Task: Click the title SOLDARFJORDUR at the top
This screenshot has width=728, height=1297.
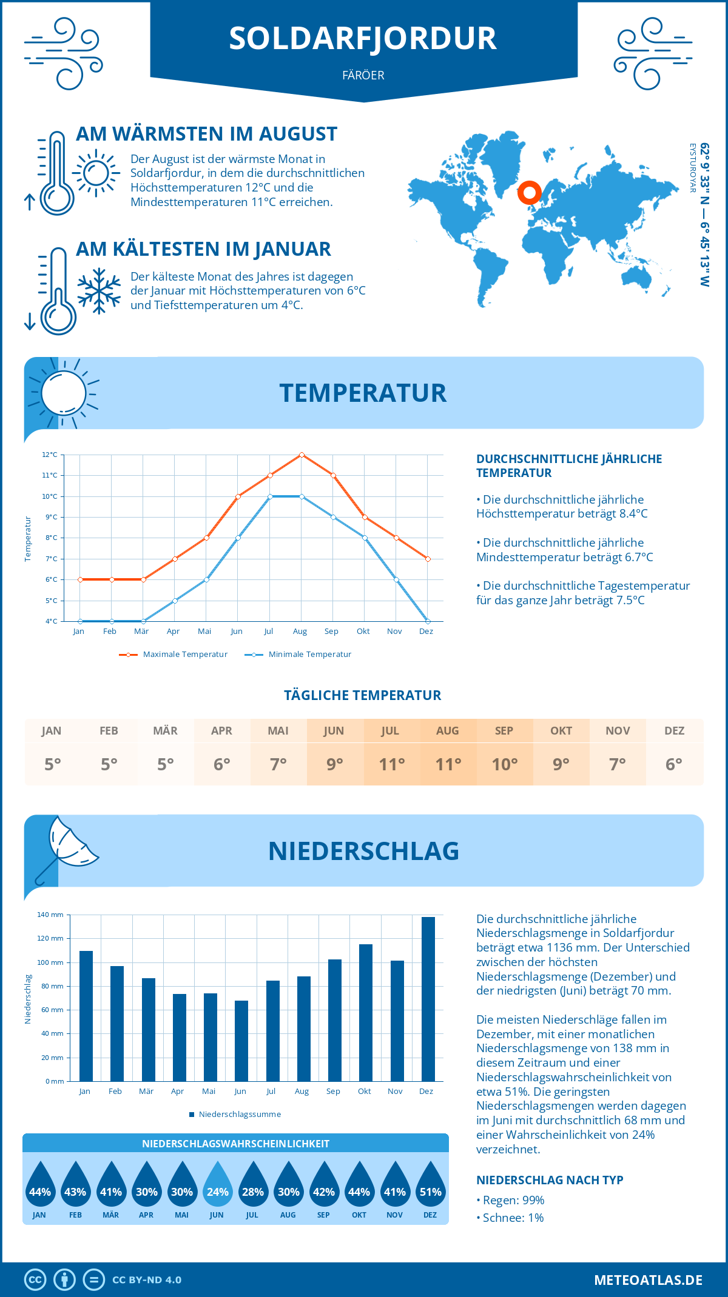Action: [363, 38]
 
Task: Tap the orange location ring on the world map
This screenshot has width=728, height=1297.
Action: [530, 193]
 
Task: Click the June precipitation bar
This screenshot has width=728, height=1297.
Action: [241, 1041]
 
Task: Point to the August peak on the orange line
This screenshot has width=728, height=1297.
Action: [302, 455]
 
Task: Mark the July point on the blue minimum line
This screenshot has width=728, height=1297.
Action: [270, 496]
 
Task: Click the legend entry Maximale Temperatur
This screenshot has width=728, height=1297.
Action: [174, 655]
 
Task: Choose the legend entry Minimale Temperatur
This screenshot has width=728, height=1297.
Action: [298, 655]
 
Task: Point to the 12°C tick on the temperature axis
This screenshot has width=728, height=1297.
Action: [50, 455]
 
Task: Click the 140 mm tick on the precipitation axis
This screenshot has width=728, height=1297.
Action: [50, 915]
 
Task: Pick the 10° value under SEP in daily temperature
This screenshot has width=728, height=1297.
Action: [504, 764]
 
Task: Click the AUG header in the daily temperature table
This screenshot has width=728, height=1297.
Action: [448, 731]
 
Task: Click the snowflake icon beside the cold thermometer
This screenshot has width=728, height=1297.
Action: [99, 291]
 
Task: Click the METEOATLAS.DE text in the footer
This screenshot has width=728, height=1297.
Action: [648, 1280]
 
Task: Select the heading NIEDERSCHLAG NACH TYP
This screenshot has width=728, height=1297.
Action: [550, 1180]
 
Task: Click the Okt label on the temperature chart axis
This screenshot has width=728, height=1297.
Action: [363, 632]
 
